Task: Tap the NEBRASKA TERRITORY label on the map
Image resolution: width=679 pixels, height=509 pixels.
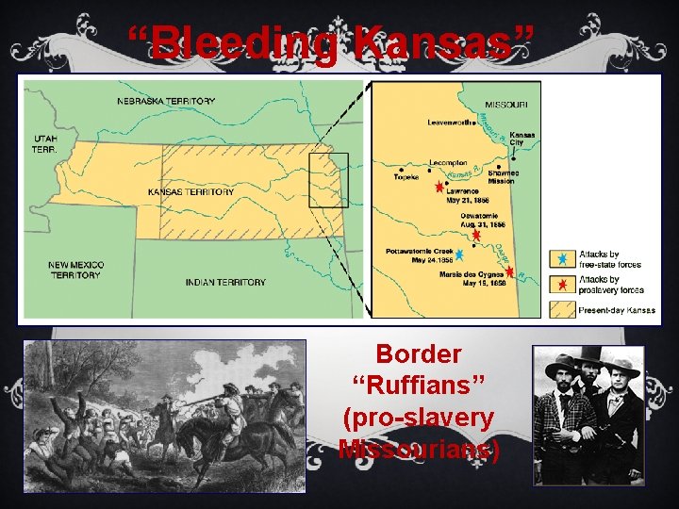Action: point(166,101)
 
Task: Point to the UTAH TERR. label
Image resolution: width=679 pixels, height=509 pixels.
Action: point(44,143)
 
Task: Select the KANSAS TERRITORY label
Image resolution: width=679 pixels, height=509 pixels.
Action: point(190,191)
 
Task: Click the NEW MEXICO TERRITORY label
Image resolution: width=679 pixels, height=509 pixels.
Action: point(76,270)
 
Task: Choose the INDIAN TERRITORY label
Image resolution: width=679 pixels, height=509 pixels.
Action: point(225,282)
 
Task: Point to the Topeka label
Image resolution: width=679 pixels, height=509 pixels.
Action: point(406,176)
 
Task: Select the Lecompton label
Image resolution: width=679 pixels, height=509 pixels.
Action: point(448,162)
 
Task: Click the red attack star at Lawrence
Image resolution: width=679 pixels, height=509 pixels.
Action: point(439,189)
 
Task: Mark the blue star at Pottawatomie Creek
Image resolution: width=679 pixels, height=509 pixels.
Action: point(459,254)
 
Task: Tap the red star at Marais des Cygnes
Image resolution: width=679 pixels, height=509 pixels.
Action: point(510,271)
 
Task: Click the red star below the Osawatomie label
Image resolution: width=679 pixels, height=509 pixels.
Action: point(476,237)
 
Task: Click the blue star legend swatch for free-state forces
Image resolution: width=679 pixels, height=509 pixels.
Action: point(562,258)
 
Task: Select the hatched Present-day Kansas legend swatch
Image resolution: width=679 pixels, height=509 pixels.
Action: point(562,308)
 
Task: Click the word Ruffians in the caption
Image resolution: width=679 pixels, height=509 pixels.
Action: point(419,386)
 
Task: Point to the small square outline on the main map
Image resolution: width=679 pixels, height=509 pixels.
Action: point(328,180)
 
